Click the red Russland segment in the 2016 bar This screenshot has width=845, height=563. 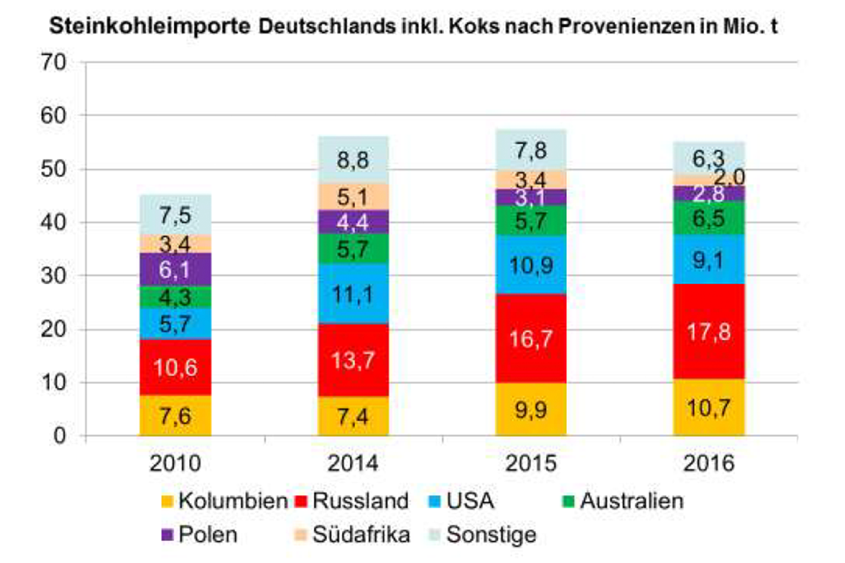pos(709,331)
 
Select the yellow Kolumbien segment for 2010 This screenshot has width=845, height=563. pos(175,415)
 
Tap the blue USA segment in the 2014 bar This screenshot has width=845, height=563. pos(354,293)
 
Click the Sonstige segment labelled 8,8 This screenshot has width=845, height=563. pos(354,159)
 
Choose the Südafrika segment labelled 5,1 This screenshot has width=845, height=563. pos(354,196)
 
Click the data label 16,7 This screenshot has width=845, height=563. pos(531,338)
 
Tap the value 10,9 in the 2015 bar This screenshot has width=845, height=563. pos(531,265)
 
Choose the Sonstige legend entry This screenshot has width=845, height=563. pos(488,534)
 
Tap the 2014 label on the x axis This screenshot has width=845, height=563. pos(354,463)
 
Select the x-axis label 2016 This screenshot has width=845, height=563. pos(709,463)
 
